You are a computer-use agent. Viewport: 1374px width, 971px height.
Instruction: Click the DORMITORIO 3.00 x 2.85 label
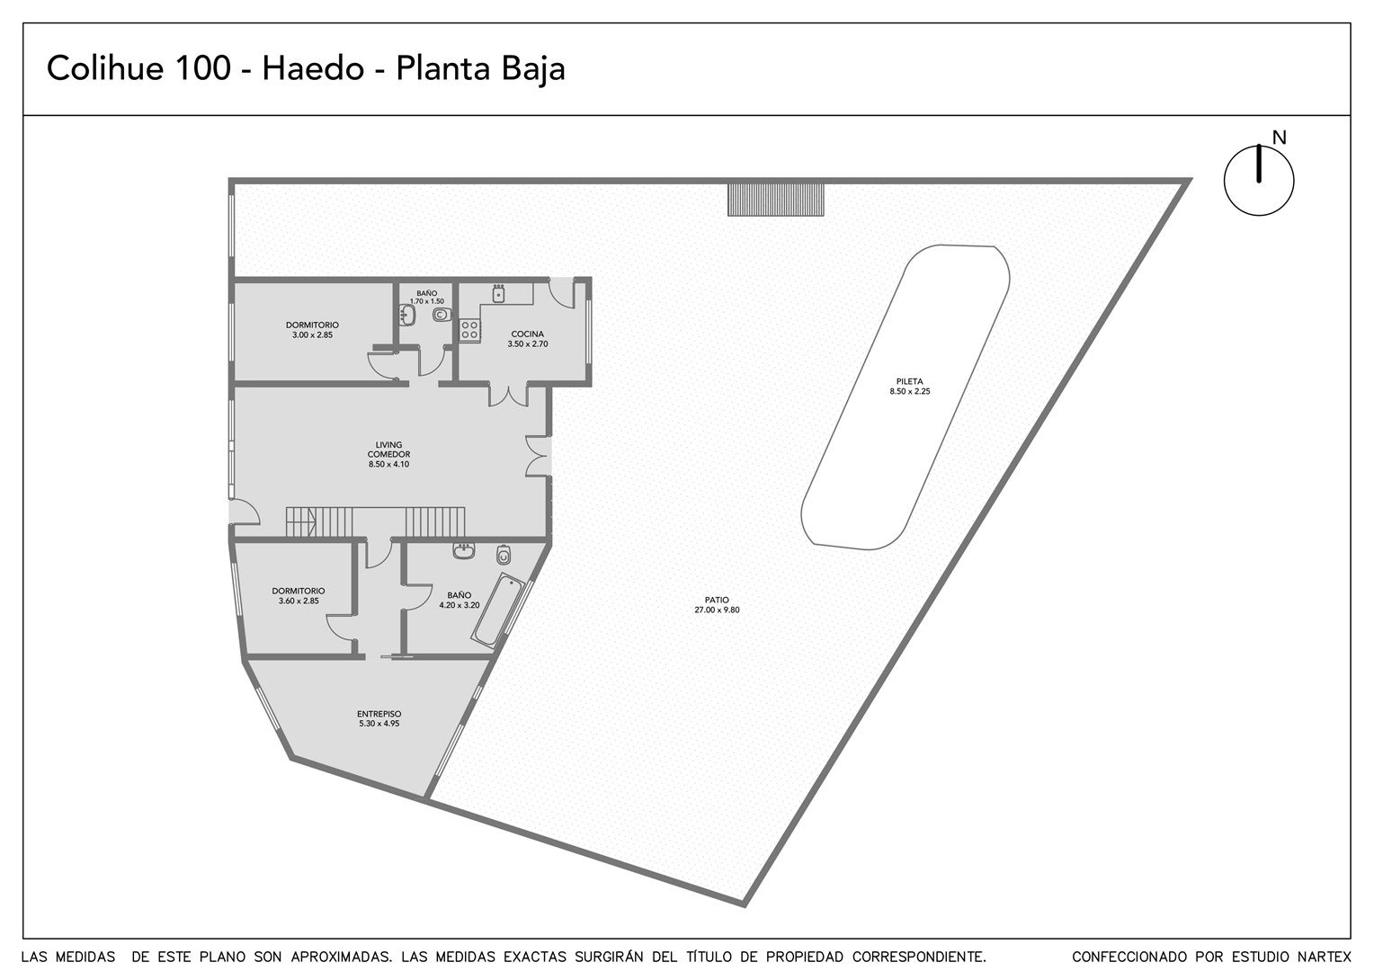coord(312,330)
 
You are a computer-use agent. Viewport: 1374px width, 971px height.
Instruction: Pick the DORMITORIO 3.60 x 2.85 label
coord(299,596)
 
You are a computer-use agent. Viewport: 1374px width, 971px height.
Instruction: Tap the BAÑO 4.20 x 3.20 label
coord(459,600)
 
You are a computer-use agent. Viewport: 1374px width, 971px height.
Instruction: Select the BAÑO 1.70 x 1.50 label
coord(427,297)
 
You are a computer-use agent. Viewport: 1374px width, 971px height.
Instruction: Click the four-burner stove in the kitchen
coord(470,330)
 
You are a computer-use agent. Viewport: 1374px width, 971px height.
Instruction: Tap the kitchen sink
coord(499,293)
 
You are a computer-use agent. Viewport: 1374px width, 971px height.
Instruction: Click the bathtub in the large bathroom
coord(497,610)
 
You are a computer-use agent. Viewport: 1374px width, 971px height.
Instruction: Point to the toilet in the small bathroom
coord(442,316)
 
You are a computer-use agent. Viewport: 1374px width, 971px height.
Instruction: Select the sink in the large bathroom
coord(464,551)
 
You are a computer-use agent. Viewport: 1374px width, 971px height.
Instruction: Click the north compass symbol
coord(1259,181)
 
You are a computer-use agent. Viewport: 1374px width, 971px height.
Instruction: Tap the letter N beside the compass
coord(1279,138)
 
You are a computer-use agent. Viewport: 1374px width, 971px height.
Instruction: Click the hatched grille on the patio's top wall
coord(776,200)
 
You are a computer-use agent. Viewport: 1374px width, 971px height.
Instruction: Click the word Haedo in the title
coord(314,68)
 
